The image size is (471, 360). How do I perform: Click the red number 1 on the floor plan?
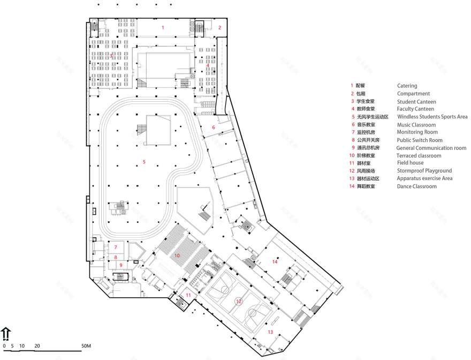[x=163, y=27]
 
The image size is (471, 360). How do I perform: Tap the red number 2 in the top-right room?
[x=219, y=27]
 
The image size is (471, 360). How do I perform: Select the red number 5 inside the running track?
[x=143, y=161]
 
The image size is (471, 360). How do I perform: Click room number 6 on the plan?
[x=213, y=127]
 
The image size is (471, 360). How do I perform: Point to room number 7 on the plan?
[x=115, y=247]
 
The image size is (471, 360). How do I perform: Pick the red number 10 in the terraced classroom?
[x=177, y=256]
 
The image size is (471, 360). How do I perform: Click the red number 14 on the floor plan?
[x=275, y=261]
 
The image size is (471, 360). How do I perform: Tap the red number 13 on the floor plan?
[x=270, y=332]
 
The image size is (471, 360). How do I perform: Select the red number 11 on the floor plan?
[x=188, y=295]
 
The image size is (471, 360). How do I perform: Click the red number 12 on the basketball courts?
[x=239, y=301]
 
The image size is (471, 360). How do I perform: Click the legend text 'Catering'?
[x=407, y=86]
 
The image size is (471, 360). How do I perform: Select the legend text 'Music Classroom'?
[x=416, y=125]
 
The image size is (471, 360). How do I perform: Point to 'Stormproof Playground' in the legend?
[x=424, y=171]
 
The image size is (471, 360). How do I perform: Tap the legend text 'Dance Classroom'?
[x=416, y=186]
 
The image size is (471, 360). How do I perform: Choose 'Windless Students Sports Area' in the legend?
[x=432, y=117]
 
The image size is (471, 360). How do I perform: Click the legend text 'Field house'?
[x=410, y=163]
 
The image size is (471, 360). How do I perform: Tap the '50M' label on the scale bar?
[x=86, y=346]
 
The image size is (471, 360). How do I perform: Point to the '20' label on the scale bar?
[x=37, y=346]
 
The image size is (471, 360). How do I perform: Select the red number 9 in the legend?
[x=353, y=148]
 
